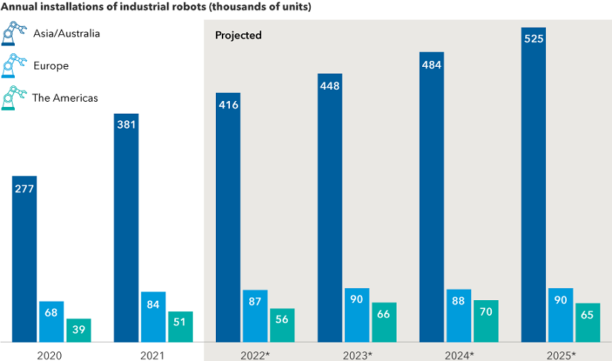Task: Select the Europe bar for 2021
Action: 153,316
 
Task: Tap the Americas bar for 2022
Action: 282,325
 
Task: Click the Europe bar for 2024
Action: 459,316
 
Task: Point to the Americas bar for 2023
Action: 384,322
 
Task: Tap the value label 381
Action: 126,124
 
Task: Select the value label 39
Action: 79,328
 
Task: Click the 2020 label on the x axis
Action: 50,355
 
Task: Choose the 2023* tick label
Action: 358,355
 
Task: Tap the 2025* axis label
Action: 561,355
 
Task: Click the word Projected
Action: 238,36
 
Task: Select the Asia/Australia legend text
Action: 67,33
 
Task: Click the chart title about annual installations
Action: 156,7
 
